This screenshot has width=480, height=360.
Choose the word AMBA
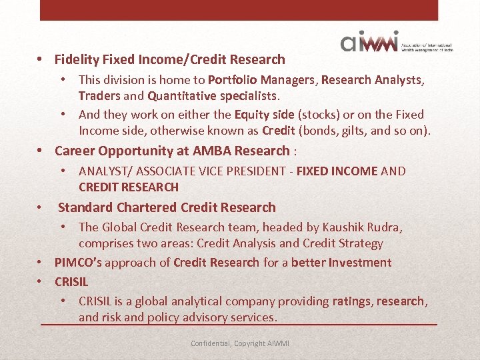pyautogui.click(x=215, y=151)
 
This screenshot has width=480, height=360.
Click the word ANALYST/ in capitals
pyautogui.click(x=106, y=171)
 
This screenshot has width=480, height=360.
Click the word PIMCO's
pyautogui.click(x=78, y=262)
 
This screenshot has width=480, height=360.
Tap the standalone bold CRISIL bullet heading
pyautogui.click(x=71, y=281)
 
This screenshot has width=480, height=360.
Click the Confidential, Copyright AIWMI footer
pyautogui.click(x=240, y=343)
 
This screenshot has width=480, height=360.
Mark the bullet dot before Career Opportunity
pyautogui.click(x=41, y=151)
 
